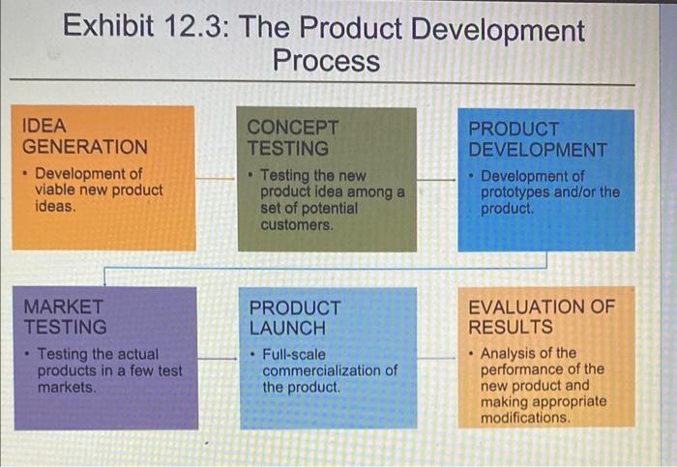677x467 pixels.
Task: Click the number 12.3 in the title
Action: tap(191, 29)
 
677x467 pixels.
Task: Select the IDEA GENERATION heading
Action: tap(85, 136)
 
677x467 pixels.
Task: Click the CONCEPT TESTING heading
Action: tap(293, 138)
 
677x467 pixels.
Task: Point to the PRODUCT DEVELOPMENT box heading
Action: tap(538, 139)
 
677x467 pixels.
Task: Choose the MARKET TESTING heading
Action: tap(66, 316)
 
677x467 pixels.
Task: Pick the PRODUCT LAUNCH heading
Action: tap(295, 318)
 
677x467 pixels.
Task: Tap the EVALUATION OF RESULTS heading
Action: tap(541, 316)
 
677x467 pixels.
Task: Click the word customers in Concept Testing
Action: tap(297, 225)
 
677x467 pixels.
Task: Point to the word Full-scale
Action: tap(294, 354)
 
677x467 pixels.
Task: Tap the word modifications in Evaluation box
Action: tap(525, 418)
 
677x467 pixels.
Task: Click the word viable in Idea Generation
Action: tap(55, 190)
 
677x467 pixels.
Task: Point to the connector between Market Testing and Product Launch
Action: tap(219, 359)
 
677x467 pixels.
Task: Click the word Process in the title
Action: tap(326, 62)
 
